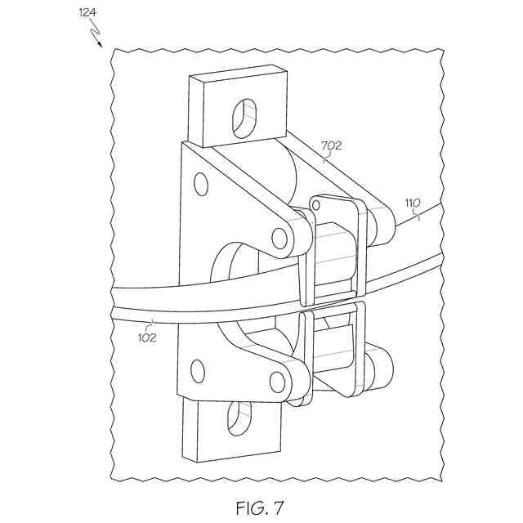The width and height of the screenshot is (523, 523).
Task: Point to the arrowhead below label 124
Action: tap(101, 43)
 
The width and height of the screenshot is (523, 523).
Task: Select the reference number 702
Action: tap(331, 146)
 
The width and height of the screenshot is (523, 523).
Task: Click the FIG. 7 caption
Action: tap(260, 507)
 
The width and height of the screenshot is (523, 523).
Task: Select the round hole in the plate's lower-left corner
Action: tap(197, 371)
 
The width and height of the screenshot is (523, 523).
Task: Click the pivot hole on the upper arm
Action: tap(280, 239)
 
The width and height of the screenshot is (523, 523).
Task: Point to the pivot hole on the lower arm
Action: tap(278, 382)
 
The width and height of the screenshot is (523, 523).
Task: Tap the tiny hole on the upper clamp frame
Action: tap(315, 203)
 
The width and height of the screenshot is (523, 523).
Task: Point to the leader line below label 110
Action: tap(416, 216)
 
